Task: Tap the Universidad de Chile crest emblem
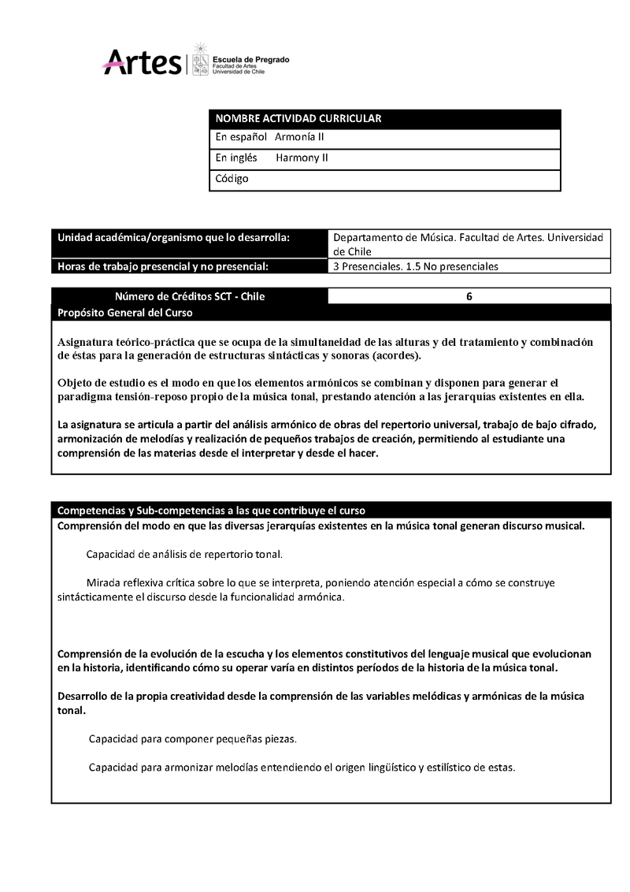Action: pos(201,60)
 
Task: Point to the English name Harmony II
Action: pos(302,158)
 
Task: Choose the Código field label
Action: pos(232,178)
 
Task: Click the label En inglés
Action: pos(236,158)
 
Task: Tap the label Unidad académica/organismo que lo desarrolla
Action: pos(173,237)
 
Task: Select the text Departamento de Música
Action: pos(394,237)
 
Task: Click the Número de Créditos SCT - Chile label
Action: pos(190,296)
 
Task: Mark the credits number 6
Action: pos(469,296)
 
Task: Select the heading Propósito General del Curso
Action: pos(125,312)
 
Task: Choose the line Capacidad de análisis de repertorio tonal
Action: pos(184,554)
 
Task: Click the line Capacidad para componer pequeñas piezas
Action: pos(192,739)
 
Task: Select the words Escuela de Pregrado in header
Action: pos(251,60)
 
